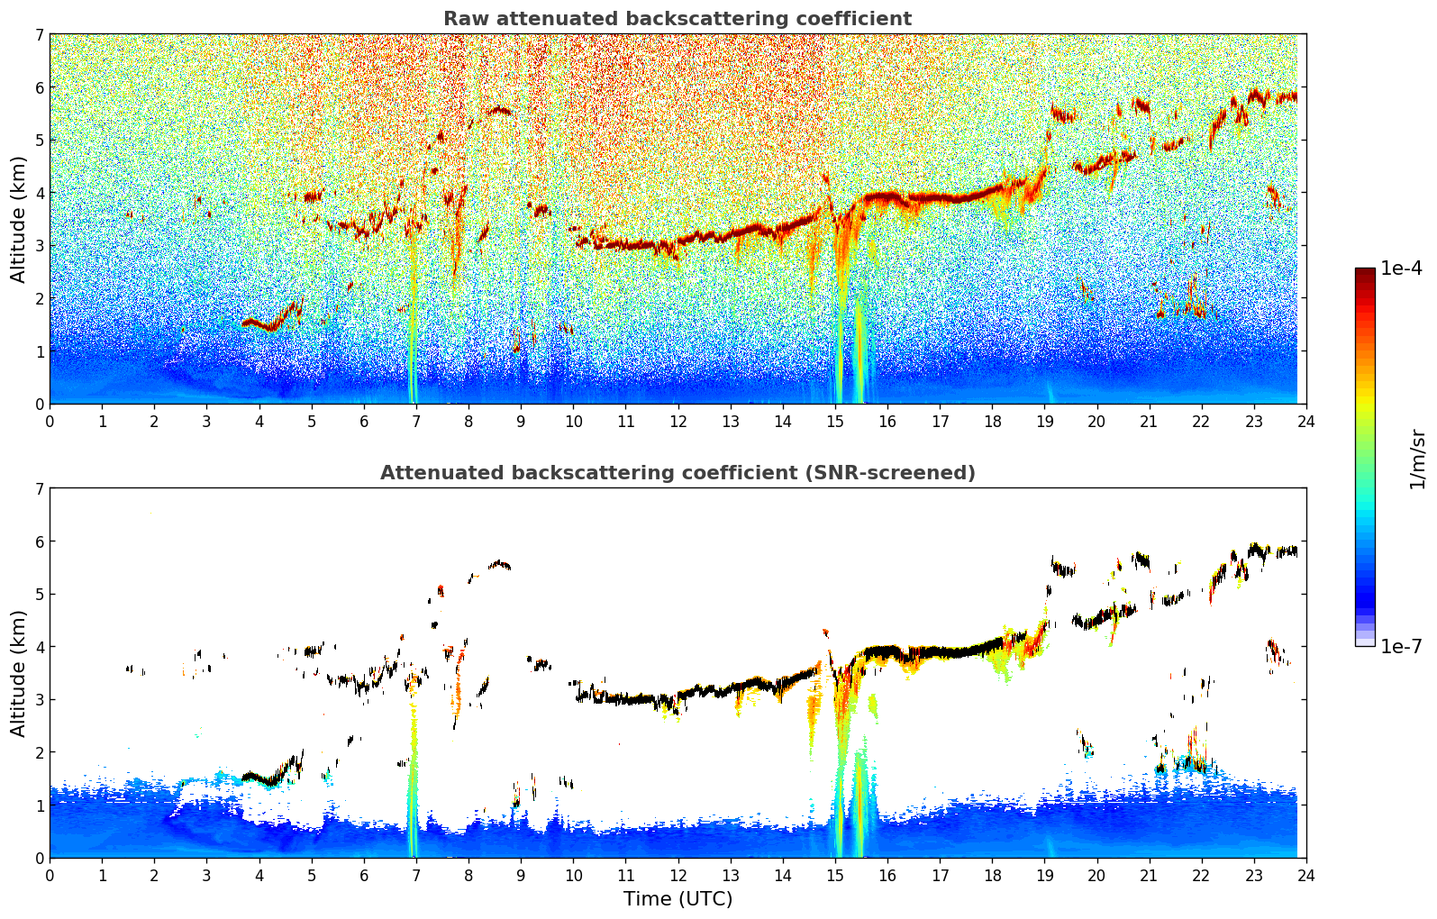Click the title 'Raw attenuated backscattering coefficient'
click(x=678, y=19)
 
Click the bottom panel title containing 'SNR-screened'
click(x=678, y=473)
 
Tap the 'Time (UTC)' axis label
click(x=678, y=898)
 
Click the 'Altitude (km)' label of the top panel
click(x=19, y=219)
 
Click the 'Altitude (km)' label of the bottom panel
click(x=19, y=673)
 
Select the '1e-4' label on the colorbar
click(x=1401, y=268)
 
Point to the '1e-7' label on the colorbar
click(x=1401, y=646)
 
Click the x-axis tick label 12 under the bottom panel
click(x=678, y=875)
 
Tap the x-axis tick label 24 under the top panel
click(x=1305, y=421)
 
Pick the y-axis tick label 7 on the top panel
click(x=39, y=35)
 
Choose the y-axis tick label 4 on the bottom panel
click(x=39, y=647)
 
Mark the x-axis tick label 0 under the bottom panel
click(x=50, y=875)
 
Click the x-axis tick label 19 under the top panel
click(x=1044, y=421)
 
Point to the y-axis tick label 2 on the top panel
click(x=39, y=298)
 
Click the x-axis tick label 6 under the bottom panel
click(x=364, y=875)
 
